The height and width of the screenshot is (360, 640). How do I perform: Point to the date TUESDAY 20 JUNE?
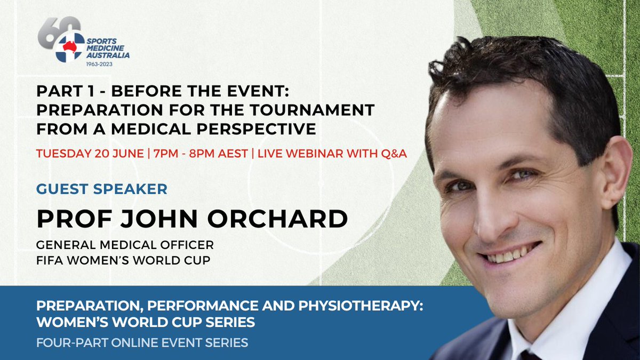[x=90, y=154]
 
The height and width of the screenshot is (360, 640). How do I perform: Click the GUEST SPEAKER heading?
[x=101, y=188]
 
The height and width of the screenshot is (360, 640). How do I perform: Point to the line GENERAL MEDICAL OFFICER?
[x=125, y=245]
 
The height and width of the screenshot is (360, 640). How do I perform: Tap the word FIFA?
[x=50, y=261]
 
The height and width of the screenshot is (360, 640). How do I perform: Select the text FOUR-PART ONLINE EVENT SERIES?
[x=142, y=342]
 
